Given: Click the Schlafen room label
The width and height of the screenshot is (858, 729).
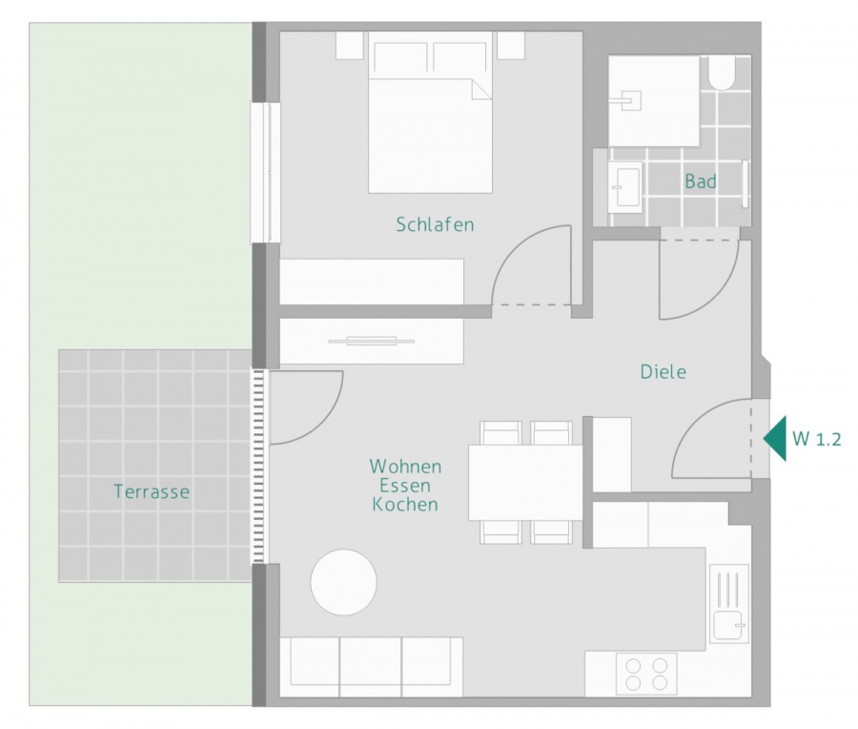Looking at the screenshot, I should pos(435,225).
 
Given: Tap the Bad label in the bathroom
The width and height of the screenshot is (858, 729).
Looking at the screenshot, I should pos(700,181).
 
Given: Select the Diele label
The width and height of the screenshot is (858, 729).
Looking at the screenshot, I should pos(663,372).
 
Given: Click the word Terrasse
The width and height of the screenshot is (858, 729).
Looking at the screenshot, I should pos(152,492).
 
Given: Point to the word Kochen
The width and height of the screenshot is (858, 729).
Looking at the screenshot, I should pos(405,505).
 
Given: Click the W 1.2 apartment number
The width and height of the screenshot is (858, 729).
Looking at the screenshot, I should pos(817,440).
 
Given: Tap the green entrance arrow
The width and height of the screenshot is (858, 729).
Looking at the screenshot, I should pos(775,439).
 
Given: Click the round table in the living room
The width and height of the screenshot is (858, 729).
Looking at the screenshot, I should pos(343,582).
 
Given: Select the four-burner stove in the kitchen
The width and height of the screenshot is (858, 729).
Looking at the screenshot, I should pos(646,673).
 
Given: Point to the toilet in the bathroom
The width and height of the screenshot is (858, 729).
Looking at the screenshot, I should pos(722,73).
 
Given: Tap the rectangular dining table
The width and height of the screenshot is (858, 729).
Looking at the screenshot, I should pos(524,482).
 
